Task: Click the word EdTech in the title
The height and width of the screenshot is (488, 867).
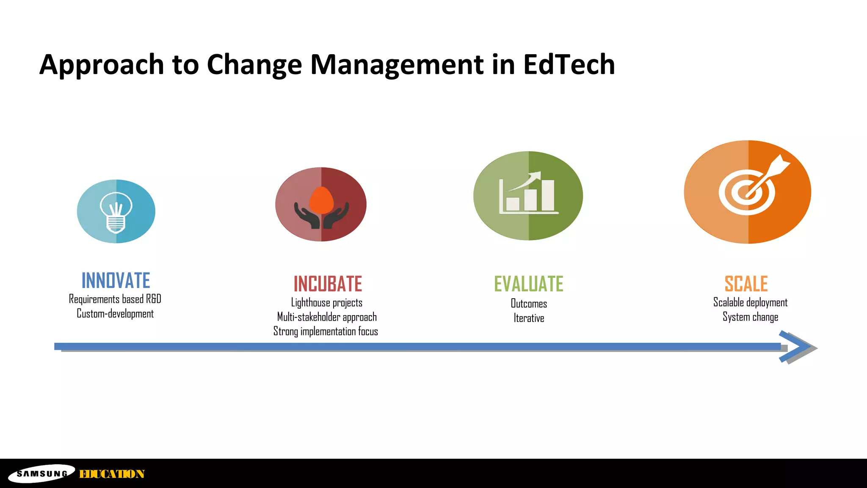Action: (569, 64)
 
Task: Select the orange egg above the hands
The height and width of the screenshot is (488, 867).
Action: (322, 200)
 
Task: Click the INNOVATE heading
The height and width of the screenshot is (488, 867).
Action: (116, 280)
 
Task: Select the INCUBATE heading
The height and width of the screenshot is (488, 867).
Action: (328, 284)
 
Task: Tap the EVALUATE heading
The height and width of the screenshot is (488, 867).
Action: (529, 284)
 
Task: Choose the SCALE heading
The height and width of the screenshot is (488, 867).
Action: (746, 284)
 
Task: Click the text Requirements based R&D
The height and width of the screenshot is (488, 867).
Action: (115, 299)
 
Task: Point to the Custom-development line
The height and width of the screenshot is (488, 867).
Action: (115, 314)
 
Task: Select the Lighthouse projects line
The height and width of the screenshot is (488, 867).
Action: (327, 302)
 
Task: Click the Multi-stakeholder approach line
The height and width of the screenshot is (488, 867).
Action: (327, 317)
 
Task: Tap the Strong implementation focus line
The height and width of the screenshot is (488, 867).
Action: (326, 331)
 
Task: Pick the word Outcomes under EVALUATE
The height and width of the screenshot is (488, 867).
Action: (529, 304)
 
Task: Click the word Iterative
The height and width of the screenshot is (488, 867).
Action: (529, 318)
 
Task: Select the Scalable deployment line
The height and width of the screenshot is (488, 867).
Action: (750, 302)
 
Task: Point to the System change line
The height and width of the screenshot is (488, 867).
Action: (750, 317)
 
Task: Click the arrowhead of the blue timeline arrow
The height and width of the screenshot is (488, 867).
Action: (796, 347)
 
